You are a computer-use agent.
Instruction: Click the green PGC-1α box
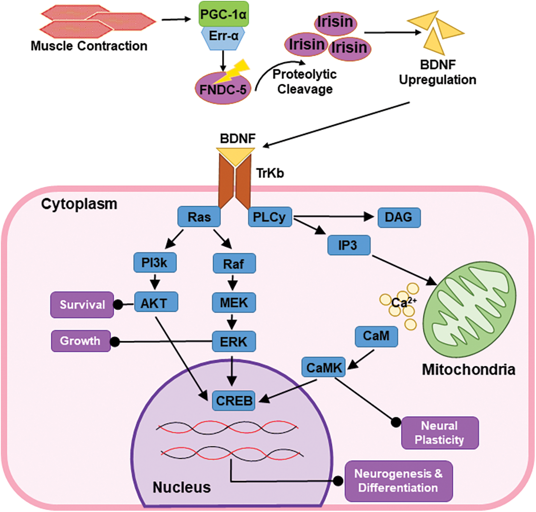coord(223,14)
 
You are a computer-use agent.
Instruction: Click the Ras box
coord(199,217)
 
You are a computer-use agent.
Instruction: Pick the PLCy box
coord(269,217)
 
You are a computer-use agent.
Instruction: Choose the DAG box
coord(399,217)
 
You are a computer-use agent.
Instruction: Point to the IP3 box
coord(348,245)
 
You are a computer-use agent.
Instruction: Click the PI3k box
coord(155,262)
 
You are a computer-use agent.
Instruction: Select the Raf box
coord(234,264)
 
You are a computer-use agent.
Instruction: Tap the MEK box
coord(234,303)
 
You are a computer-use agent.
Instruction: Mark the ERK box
coord(234,341)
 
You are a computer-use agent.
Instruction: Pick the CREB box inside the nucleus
coord(234,400)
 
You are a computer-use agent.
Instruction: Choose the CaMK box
coord(324,367)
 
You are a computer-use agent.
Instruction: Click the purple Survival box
coord(82,305)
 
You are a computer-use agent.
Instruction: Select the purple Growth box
coord(81,341)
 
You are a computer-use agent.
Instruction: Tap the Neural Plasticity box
coord(439,433)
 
